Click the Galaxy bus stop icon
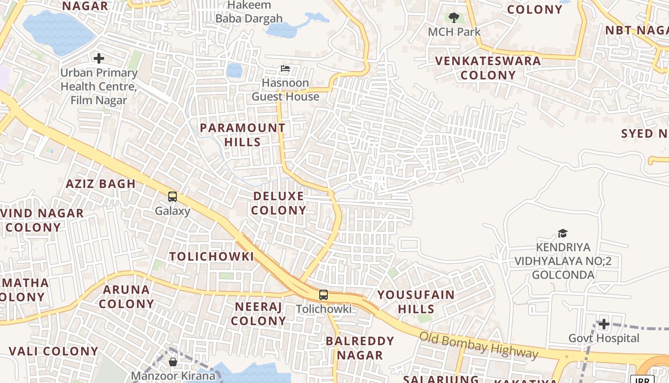click(x=173, y=196)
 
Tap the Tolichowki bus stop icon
click(x=324, y=295)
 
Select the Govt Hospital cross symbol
click(x=604, y=324)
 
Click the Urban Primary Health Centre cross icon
click(x=99, y=58)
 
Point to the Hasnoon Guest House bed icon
click(x=285, y=68)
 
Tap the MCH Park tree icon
click(x=454, y=18)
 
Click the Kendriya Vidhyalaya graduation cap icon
click(x=562, y=233)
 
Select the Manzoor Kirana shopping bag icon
click(x=173, y=362)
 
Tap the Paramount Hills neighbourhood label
click(x=242, y=135)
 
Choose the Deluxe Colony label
click(x=279, y=203)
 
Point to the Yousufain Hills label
click(x=416, y=302)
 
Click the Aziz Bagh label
click(x=101, y=184)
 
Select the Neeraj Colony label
click(x=259, y=314)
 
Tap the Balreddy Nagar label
click(x=360, y=348)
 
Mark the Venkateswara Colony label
click(x=488, y=68)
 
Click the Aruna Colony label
click(x=127, y=296)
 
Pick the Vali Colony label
click(x=54, y=351)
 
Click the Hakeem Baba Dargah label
click(x=249, y=12)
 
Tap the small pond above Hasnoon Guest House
click(x=234, y=70)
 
